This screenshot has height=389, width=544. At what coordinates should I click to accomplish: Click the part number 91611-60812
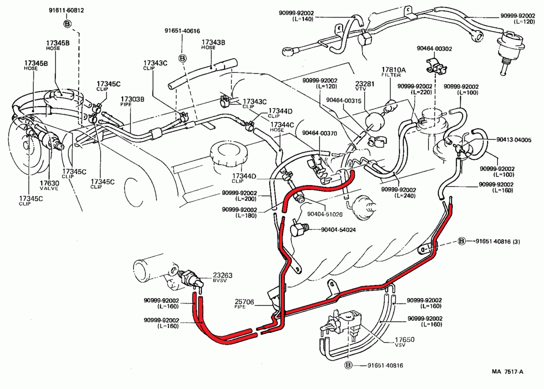pos(66,11)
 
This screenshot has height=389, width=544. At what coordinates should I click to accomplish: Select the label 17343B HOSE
pos(213,44)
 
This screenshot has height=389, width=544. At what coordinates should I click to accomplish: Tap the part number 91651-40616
pos(182,31)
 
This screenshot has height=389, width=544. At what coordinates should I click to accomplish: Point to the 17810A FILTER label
pos(394,72)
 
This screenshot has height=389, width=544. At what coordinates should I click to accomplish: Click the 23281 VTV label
pos(365,86)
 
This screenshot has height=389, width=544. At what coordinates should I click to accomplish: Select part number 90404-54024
pos(338,230)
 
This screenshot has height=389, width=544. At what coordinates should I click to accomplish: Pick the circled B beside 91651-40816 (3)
pos(462,241)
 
